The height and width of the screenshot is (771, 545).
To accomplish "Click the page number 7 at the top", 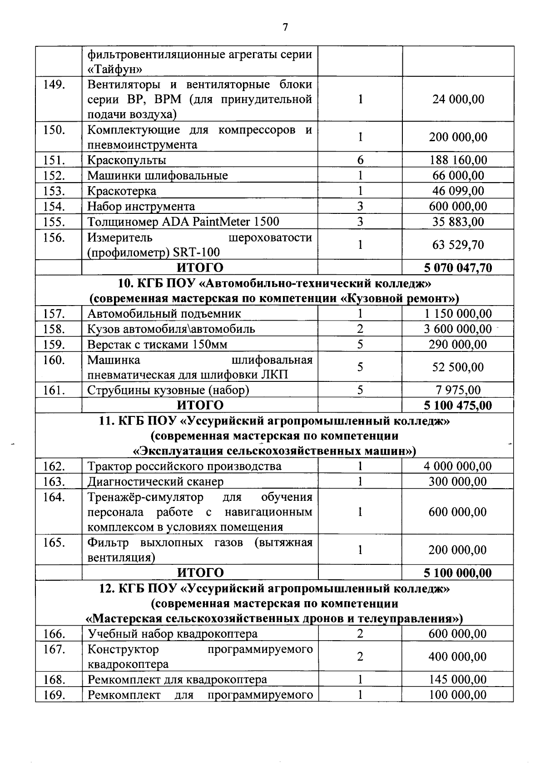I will click(285, 27).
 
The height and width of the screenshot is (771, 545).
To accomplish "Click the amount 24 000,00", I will click(458, 99).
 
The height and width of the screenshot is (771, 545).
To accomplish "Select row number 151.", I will click(54, 160).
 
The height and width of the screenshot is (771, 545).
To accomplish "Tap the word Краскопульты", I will click(127, 160).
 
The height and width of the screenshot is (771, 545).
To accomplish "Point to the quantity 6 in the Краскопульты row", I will click(360, 160).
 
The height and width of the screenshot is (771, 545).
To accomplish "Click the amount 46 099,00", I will click(458, 191).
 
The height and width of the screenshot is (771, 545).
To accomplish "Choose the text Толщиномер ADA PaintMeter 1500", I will click(183, 222).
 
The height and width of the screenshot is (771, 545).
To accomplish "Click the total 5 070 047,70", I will click(458, 268).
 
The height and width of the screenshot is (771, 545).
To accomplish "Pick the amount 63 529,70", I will click(458, 245).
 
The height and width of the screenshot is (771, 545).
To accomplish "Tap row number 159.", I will click(54, 344).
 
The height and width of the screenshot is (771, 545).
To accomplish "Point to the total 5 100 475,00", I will click(458, 405).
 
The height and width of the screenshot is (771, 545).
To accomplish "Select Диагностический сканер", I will click(155, 482).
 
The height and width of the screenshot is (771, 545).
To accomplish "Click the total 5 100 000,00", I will click(458, 573).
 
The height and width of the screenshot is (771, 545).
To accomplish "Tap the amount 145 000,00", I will click(458, 680).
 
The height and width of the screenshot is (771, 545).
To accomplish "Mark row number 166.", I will click(54, 634).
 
